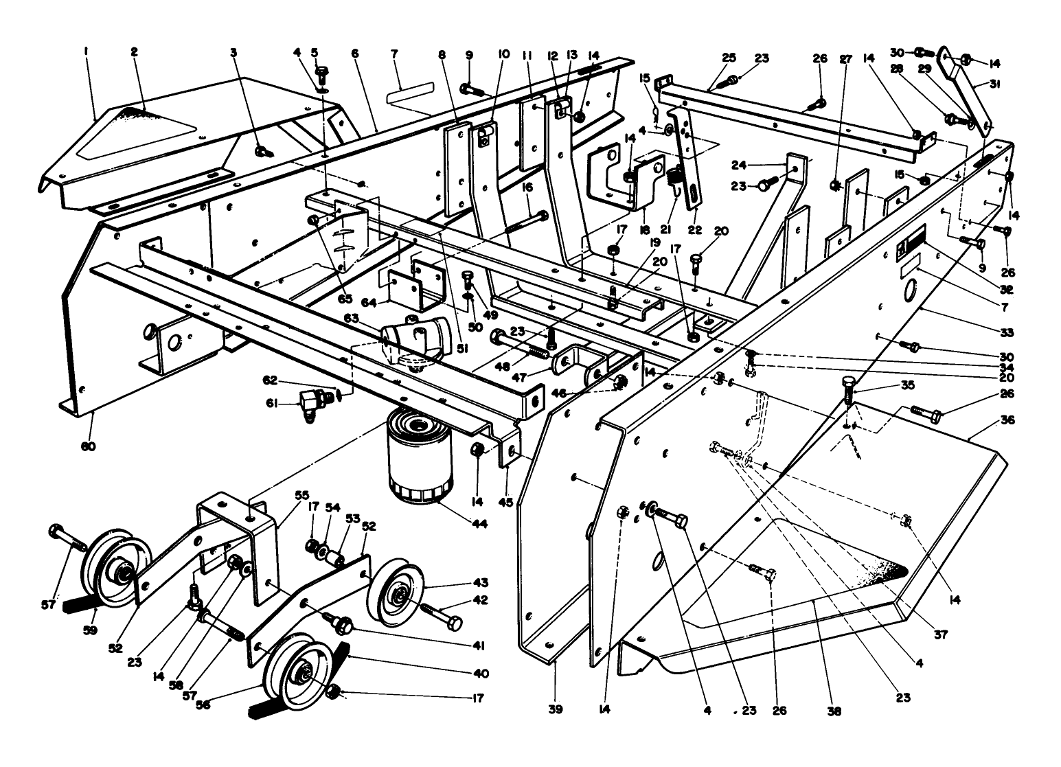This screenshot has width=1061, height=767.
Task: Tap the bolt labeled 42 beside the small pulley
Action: point(443,615)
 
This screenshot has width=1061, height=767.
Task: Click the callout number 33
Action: point(1007,333)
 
